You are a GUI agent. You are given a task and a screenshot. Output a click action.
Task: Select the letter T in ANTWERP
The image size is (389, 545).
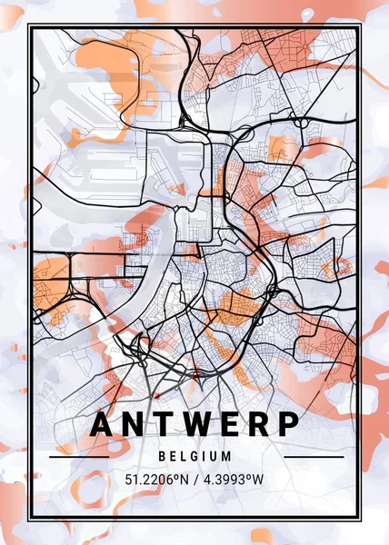tap(167, 425)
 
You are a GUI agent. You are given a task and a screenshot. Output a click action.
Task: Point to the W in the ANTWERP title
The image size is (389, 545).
tap(203, 425)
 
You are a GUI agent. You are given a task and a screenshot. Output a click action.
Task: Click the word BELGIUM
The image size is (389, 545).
tap(194, 456)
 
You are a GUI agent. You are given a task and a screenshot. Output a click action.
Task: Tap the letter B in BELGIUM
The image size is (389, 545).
tap(161, 456)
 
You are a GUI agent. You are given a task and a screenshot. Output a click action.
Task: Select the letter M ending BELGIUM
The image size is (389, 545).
tap(227, 456)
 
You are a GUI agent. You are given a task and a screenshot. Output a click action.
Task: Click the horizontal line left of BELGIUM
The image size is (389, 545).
tap(85, 457)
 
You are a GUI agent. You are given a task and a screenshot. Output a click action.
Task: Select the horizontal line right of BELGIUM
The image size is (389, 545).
tap(304, 457)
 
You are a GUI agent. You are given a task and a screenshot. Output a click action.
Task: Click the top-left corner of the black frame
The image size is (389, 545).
tap(29, 27)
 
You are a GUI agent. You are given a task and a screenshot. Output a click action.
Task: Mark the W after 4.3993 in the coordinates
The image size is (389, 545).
tap(266, 479)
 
